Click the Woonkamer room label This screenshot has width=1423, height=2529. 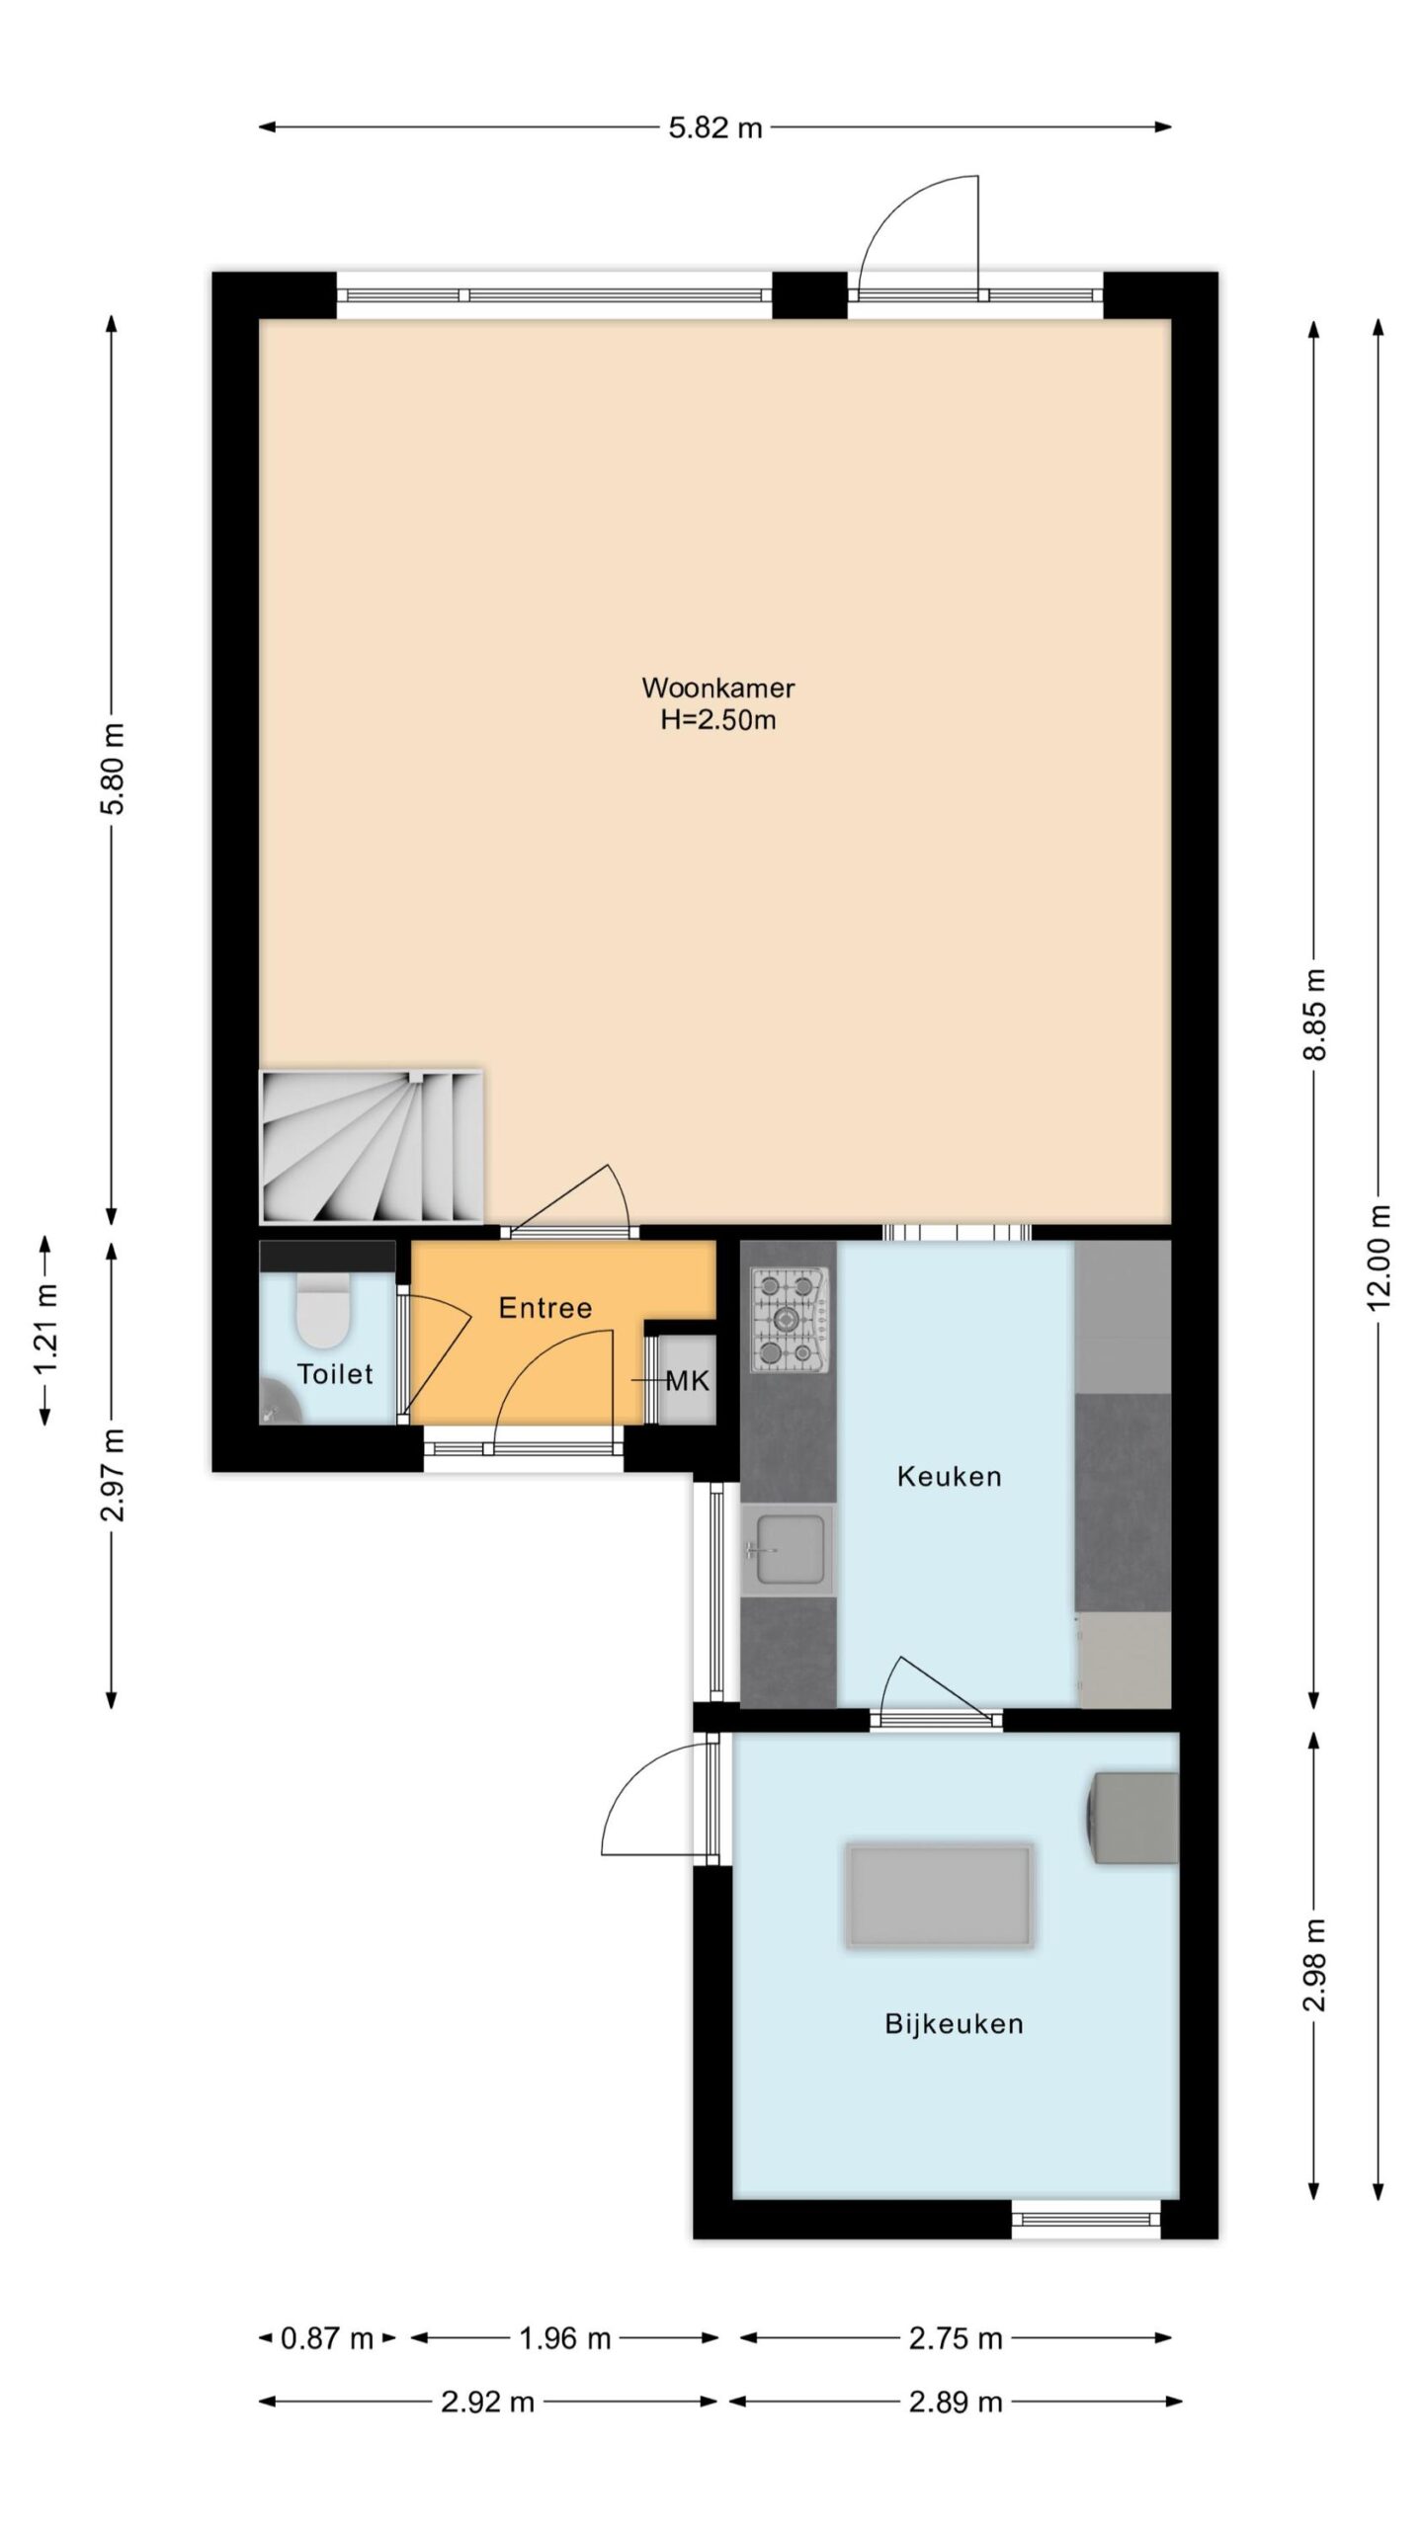click(x=717, y=687)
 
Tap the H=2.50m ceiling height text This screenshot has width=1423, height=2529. click(x=717, y=720)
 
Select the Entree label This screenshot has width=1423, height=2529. click(x=544, y=1308)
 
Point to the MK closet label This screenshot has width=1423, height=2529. click(x=688, y=1381)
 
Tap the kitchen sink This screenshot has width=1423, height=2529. click(x=789, y=1550)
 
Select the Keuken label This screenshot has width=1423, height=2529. click(x=949, y=1477)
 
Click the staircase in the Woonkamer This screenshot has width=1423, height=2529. click(x=372, y=1146)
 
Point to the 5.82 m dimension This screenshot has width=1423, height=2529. click(x=715, y=127)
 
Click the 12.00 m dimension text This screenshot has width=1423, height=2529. click(x=1380, y=1257)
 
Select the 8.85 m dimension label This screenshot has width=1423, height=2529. click(x=1314, y=1014)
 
